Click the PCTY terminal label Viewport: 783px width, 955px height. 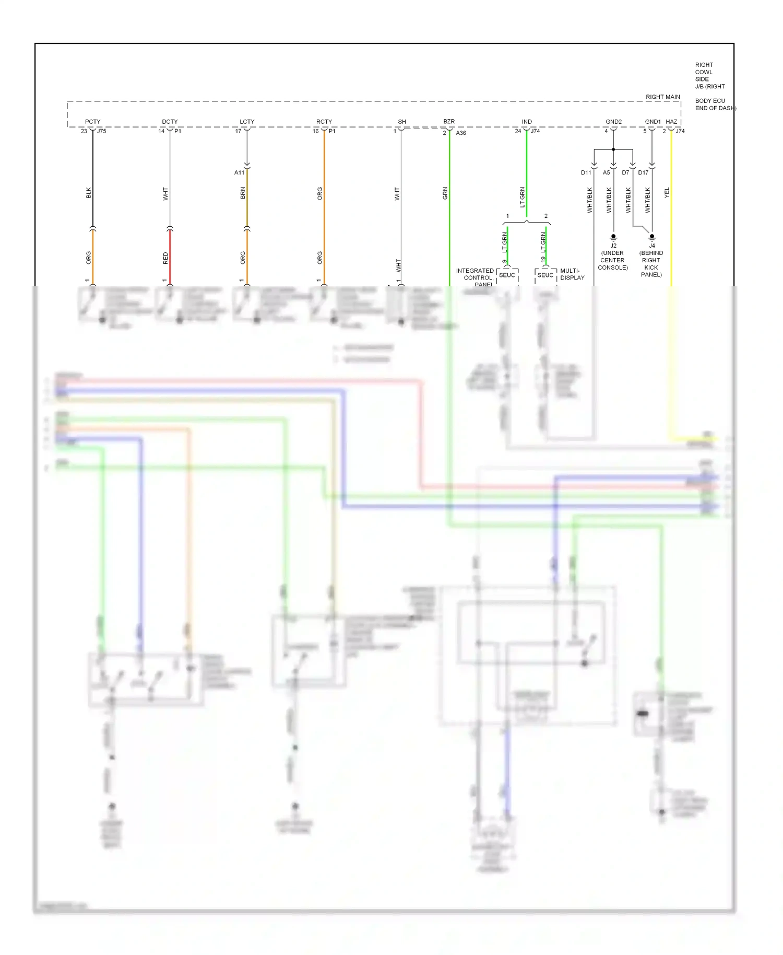[x=92, y=122]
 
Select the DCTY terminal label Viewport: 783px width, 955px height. [x=170, y=122]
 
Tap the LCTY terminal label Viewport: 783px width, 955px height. [x=247, y=122]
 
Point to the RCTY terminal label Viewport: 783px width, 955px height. [x=324, y=122]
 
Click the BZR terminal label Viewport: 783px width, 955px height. [x=449, y=122]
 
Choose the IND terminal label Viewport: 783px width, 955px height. [x=527, y=122]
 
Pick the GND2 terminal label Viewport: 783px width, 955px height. [x=613, y=122]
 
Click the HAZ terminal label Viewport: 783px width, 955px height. [x=671, y=122]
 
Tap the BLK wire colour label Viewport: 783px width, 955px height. [x=89, y=193]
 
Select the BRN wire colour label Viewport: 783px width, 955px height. [x=243, y=193]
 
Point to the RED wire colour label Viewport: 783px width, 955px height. [x=166, y=258]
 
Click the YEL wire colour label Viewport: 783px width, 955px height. [x=667, y=193]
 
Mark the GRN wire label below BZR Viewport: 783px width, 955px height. [x=445, y=193]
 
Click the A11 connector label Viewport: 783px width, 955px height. [x=239, y=172]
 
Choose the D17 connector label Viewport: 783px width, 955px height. [x=643, y=172]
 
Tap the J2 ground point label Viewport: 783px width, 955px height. [x=613, y=246]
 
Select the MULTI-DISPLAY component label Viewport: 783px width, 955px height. [x=572, y=274]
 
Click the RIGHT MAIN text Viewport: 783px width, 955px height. [x=662, y=97]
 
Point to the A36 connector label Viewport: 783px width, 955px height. [x=461, y=133]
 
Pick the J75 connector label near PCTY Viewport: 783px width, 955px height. [x=102, y=131]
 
